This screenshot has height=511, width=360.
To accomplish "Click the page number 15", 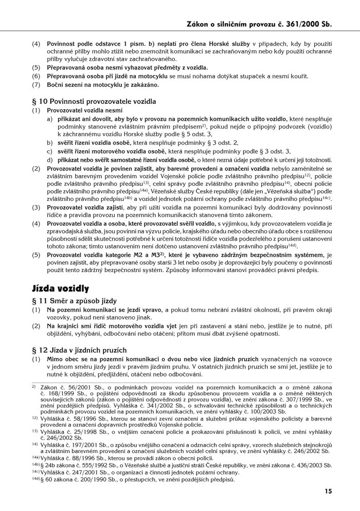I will point(328,491).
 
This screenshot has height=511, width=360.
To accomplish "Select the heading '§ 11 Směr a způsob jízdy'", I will point(75,300).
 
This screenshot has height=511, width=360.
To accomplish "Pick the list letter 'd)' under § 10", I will point(50,159).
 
